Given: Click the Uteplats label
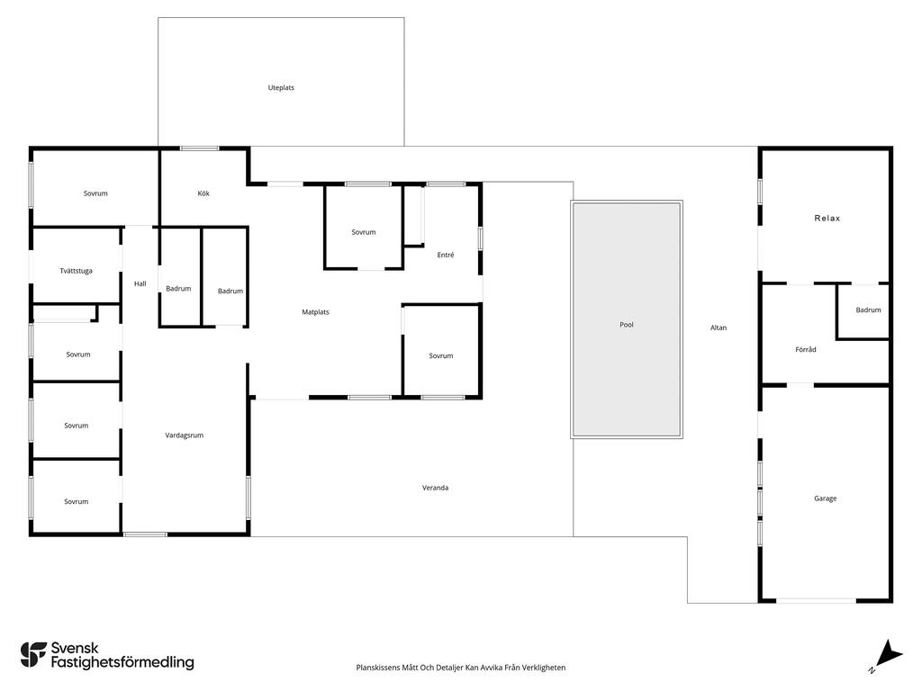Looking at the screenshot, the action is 281,87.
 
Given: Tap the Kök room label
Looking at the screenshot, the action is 203,193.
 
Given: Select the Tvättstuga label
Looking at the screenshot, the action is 76,271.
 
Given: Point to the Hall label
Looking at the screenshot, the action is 140,283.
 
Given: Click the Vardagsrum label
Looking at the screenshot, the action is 184,435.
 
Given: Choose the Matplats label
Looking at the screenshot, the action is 315,312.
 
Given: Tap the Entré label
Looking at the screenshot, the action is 446,255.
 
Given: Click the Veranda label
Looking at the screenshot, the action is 435,488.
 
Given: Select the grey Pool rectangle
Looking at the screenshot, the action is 627,319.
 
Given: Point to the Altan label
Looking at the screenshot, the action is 719,328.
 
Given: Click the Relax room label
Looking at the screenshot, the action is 827,218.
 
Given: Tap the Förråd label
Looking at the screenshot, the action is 806,350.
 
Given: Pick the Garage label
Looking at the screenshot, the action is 825,498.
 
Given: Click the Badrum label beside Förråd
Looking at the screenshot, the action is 869,310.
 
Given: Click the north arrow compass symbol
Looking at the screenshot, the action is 888,654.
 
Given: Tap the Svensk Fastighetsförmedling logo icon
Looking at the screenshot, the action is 33,655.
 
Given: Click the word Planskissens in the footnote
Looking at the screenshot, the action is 377,668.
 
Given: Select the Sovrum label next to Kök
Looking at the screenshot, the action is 95,193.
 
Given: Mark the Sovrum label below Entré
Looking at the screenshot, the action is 441,356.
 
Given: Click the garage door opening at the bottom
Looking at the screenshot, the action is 816,600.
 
